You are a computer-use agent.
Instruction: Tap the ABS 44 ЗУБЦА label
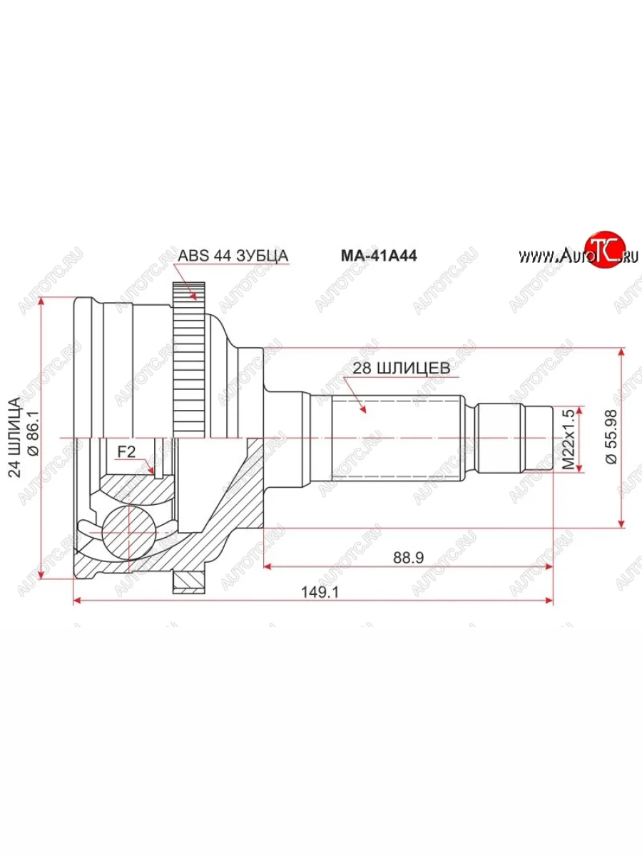click(x=233, y=256)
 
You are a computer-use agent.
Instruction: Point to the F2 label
click(x=126, y=451)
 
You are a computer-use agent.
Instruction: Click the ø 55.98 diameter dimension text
click(x=611, y=437)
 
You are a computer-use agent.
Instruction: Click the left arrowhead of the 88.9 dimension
click(x=269, y=566)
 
